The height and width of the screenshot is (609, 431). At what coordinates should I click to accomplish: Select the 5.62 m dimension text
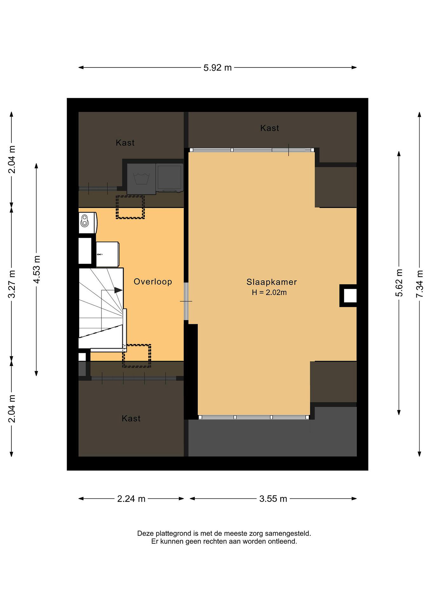coord(399,283)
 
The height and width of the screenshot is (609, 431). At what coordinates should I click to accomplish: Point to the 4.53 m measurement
coord(37,269)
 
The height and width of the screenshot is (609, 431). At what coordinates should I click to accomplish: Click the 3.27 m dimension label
coord(12,284)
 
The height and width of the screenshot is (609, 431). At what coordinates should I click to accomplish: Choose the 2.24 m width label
coord(131,499)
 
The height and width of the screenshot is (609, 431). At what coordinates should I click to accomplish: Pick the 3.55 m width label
coord(273,499)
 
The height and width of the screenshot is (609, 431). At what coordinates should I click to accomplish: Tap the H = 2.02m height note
coord(269,293)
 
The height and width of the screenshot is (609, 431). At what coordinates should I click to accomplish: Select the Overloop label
coord(153,281)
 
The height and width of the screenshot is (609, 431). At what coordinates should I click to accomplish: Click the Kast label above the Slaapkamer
coord(269,128)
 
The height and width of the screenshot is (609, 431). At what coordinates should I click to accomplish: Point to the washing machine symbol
coord(142,178)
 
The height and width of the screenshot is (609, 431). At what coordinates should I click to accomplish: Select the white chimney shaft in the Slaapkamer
coord(350,295)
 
